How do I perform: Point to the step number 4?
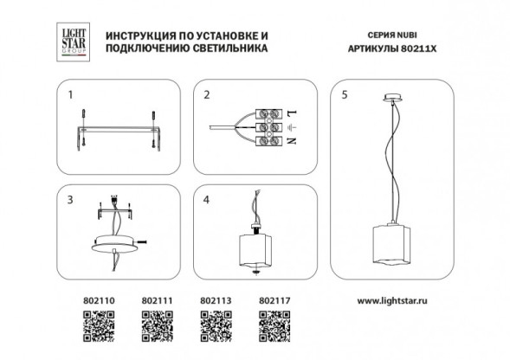(205, 199)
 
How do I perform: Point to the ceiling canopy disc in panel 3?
(115, 241)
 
